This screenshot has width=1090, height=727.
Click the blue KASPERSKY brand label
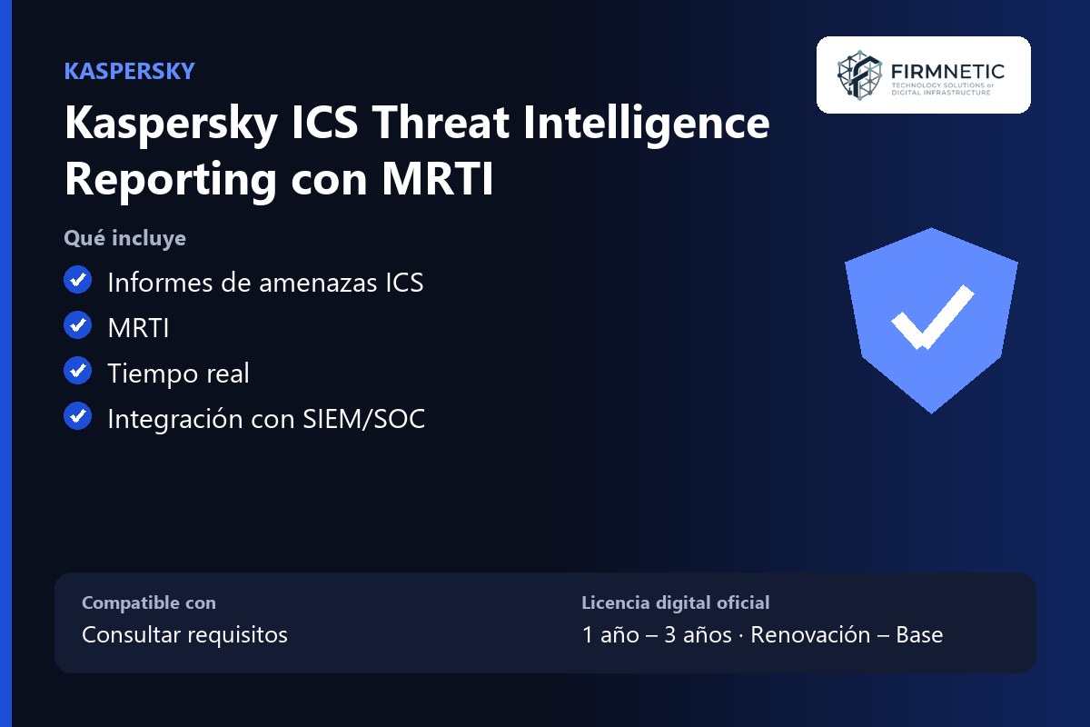click(129, 71)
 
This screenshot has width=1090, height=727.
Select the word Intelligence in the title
click(647, 124)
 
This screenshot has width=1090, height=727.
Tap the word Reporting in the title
click(171, 181)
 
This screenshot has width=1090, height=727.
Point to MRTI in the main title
click(438, 179)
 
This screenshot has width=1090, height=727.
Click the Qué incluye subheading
click(125, 238)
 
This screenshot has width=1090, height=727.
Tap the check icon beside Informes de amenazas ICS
click(78, 280)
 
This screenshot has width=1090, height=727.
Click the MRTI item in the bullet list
click(139, 328)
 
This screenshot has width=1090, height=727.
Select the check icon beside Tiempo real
click(78, 371)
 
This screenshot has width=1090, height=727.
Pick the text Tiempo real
click(179, 373)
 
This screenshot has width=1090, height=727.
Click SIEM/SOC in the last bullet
click(364, 419)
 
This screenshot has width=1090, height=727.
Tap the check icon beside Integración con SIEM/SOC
click(78, 416)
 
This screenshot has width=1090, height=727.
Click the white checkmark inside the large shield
click(932, 317)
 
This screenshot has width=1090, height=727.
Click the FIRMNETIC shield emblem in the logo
click(859, 75)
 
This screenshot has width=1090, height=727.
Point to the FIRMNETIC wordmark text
click(947, 72)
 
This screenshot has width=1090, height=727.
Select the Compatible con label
click(149, 603)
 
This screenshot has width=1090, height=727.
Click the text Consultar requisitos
click(185, 635)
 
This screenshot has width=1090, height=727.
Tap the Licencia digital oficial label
click(676, 603)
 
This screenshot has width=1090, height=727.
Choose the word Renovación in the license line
click(810, 635)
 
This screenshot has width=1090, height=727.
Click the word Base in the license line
click(919, 635)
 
